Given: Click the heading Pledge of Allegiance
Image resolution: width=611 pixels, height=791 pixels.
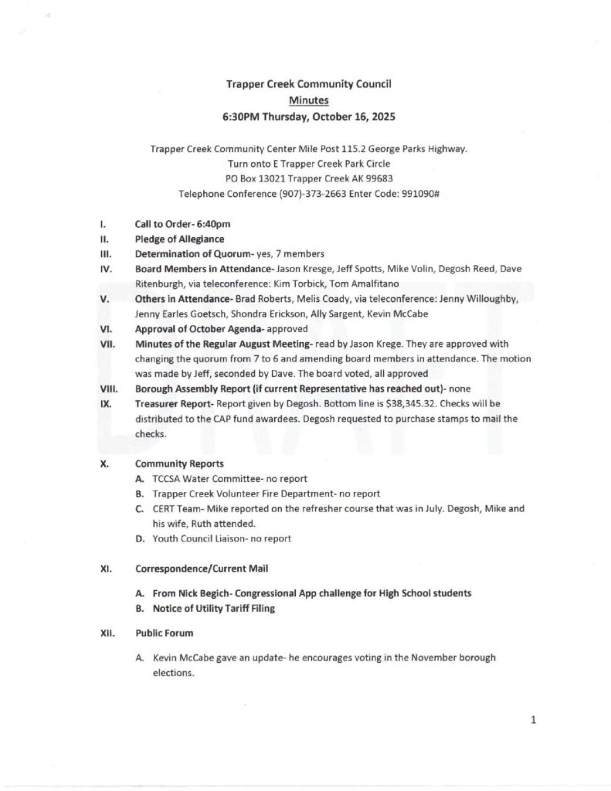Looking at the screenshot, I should tap(180, 239).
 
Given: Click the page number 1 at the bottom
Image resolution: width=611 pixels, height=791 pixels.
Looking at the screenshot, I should tap(533, 721).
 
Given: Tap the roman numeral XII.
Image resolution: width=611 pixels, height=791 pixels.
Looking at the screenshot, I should tap(107, 633).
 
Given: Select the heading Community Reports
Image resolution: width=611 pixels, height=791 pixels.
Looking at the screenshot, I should tap(179, 464).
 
